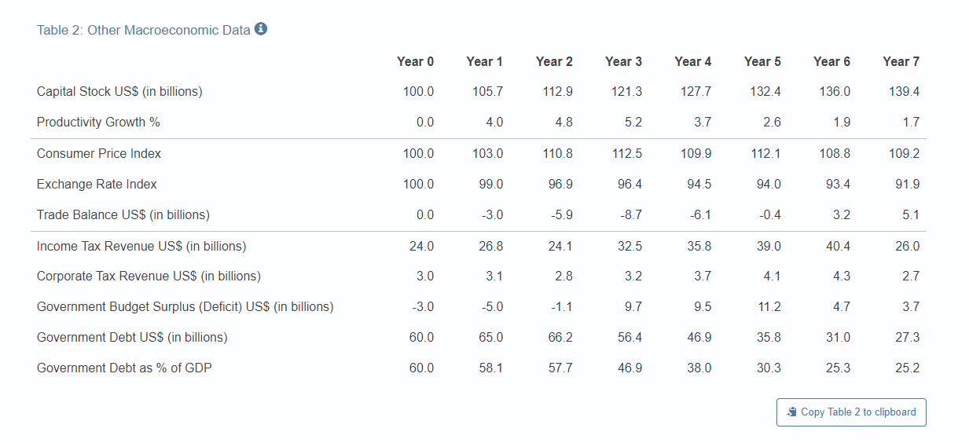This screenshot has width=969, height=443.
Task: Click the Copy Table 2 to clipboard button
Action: pyautogui.click(x=851, y=412)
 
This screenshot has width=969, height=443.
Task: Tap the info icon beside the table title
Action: pyautogui.click(x=262, y=29)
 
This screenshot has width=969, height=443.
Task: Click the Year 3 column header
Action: pyautogui.click(x=623, y=61)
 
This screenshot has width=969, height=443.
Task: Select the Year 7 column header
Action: pyautogui.click(x=901, y=61)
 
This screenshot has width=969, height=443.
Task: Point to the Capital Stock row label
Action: pyautogui.click(x=119, y=92)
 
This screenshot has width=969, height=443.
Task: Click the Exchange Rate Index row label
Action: pyautogui.click(x=97, y=185)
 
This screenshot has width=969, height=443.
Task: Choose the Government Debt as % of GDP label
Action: pyautogui.click(x=124, y=368)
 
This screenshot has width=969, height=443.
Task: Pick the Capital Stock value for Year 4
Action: pyautogui.click(x=696, y=92)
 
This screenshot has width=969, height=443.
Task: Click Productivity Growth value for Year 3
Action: pyautogui.click(x=633, y=123)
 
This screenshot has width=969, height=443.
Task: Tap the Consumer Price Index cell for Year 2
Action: pyautogui.click(x=557, y=154)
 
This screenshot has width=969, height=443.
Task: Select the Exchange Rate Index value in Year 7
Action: pyautogui.click(x=905, y=185)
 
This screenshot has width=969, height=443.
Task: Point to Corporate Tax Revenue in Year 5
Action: pyautogui.click(x=772, y=276)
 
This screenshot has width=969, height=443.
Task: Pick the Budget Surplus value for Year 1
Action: pyautogui.click(x=490, y=307)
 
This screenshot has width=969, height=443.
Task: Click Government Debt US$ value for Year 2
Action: pyautogui.click(x=560, y=338)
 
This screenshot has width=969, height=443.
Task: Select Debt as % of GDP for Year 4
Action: pyautogui.click(x=699, y=368)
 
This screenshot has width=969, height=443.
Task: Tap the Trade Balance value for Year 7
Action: pyautogui.click(x=910, y=215)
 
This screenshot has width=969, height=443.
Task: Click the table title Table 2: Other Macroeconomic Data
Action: pyautogui.click(x=143, y=30)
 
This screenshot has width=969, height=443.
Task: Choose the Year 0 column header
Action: pyautogui.click(x=415, y=61)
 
